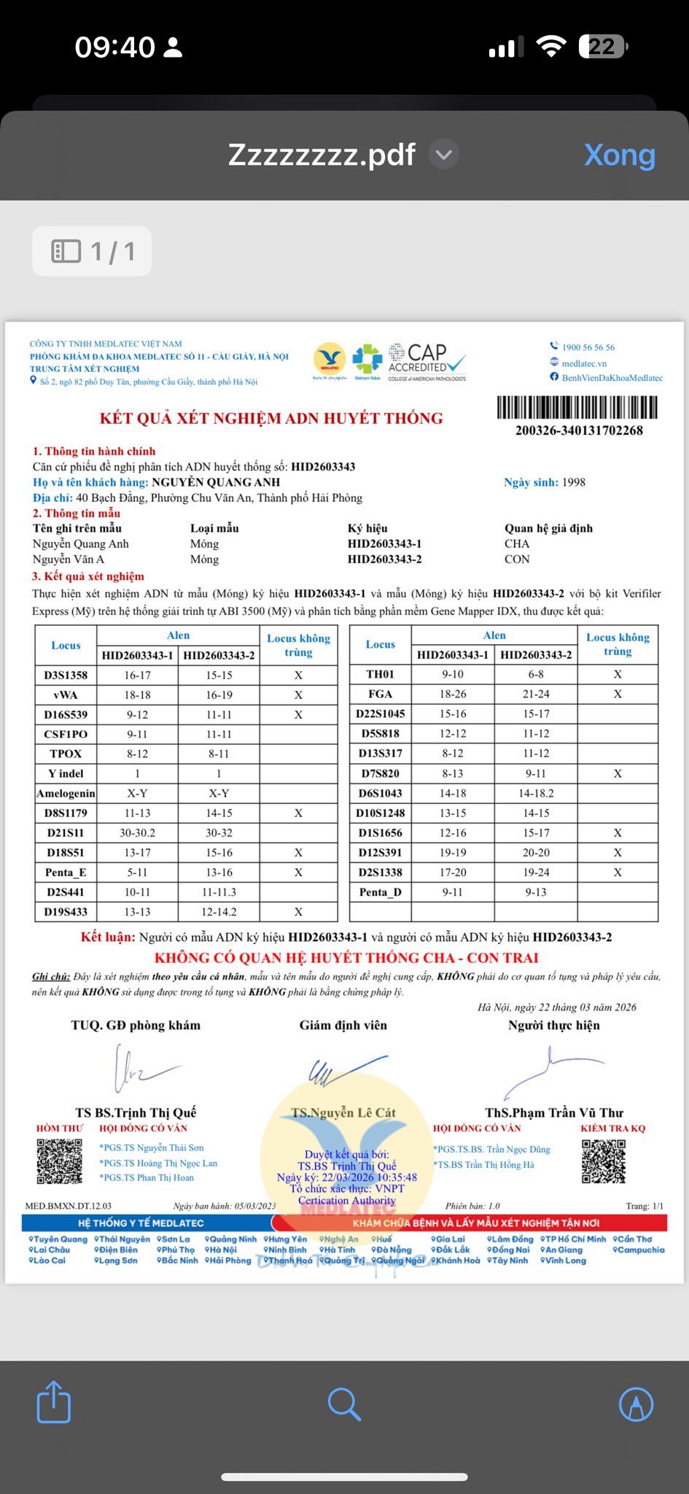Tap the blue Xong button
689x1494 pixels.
point(619,155)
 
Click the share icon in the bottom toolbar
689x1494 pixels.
point(54,1401)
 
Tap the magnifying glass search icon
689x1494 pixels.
point(344,1403)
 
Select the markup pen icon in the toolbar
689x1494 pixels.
point(636,1403)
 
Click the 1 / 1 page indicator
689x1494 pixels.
point(92,252)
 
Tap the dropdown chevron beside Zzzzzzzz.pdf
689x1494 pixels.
point(443,155)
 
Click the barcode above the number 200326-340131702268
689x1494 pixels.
point(577,407)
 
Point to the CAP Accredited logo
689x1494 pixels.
point(427,362)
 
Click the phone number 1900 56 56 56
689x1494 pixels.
point(588,347)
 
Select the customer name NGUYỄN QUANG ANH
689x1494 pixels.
point(216,482)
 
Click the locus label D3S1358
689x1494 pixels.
point(66,676)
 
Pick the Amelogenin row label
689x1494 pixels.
point(66,794)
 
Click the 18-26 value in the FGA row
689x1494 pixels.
point(453,694)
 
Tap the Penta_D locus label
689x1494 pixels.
point(380,892)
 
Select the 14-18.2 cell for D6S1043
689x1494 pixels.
point(536,794)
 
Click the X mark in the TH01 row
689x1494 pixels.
point(618,675)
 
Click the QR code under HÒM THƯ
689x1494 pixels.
point(59,1161)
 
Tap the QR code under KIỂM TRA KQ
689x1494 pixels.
point(604,1161)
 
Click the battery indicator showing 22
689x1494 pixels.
point(603,47)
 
